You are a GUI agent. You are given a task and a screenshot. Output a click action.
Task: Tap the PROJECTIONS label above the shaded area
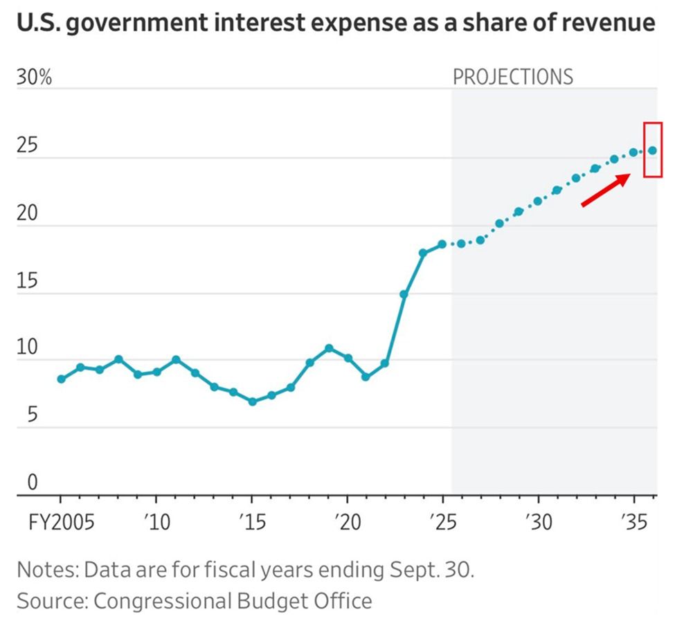pyautogui.click(x=512, y=76)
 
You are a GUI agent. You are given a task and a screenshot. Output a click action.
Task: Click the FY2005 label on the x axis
pyautogui.click(x=60, y=519)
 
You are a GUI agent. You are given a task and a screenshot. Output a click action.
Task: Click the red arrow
pyautogui.click(x=605, y=190)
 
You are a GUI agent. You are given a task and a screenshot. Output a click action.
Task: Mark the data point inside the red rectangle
pyautogui.click(x=652, y=150)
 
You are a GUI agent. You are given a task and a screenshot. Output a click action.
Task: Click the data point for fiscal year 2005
pyautogui.click(x=61, y=379)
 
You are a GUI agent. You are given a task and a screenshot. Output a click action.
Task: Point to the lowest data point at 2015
pyautogui.click(x=252, y=402)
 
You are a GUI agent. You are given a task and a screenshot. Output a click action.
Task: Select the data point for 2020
pyautogui.click(x=348, y=359)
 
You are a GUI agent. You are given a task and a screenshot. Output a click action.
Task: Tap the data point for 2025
pyautogui.click(x=442, y=244)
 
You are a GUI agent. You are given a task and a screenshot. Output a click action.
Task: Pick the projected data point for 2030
pyautogui.click(x=538, y=201)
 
